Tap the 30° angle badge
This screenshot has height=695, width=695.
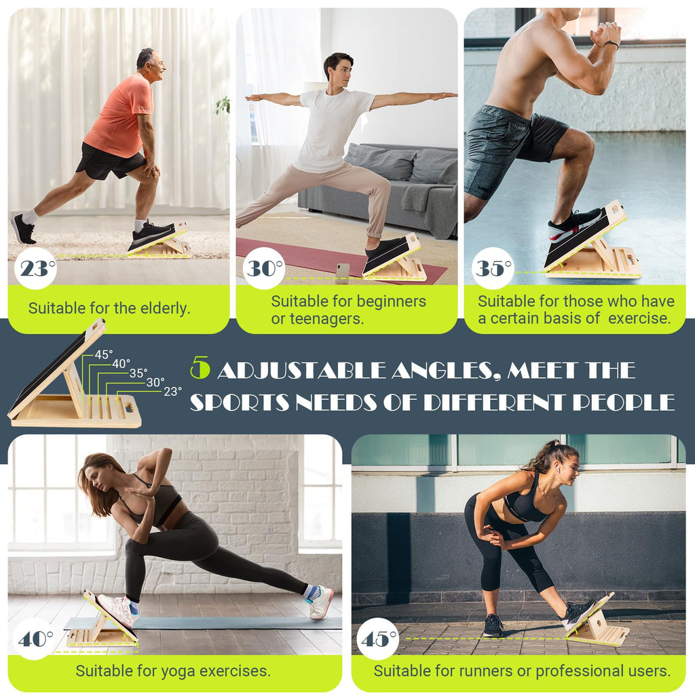point(263,269)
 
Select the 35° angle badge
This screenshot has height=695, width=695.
point(492,269)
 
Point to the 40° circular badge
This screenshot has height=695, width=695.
point(35,639)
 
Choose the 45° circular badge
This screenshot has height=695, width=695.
point(377,639)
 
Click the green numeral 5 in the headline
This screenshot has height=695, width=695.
point(200,368)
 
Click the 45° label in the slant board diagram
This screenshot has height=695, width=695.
point(104,354)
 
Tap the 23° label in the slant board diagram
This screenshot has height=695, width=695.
point(172,391)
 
